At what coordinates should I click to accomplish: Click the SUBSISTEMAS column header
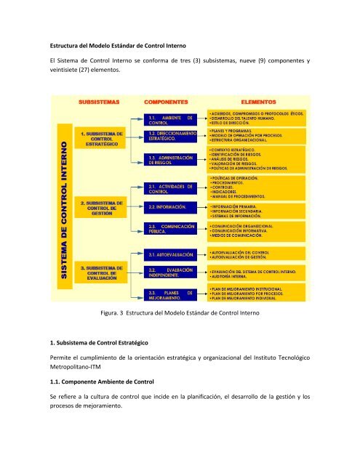[100, 102]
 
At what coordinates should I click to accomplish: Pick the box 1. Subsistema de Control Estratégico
[100, 139]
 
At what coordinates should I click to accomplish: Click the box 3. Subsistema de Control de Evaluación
[100, 273]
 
